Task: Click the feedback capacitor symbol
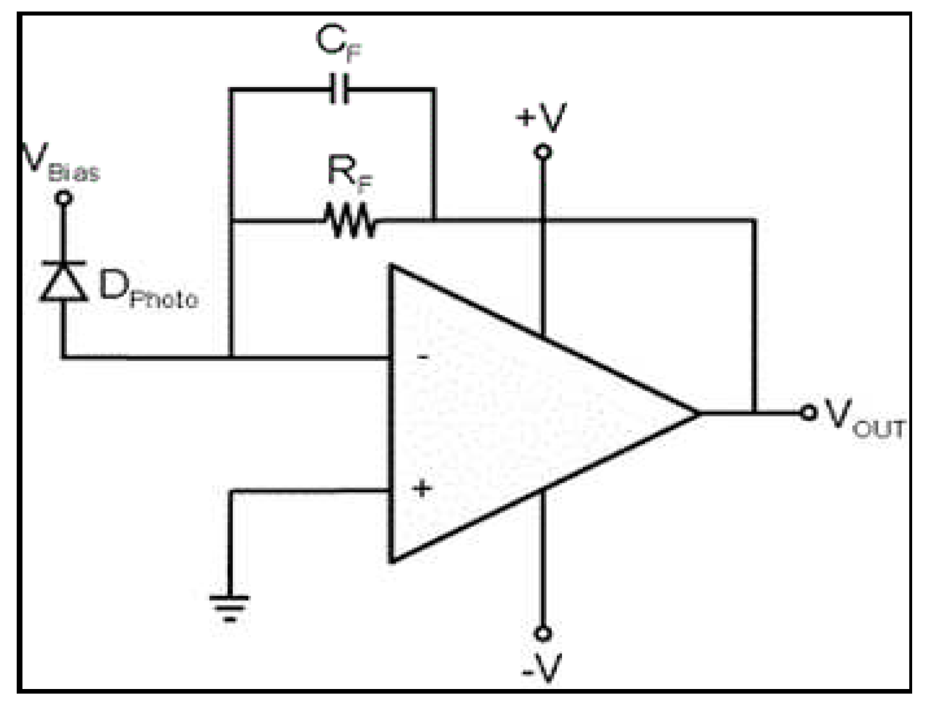tap(339, 89)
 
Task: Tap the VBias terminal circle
tap(64, 198)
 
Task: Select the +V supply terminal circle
tap(542, 152)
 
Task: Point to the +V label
tap(541, 118)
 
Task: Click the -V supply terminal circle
tap(542, 634)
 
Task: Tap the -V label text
tap(541, 668)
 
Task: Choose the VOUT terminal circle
tap(808, 412)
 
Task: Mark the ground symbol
tap(229, 607)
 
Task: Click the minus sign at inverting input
tap(423, 357)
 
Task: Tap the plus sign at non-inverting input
tap(422, 489)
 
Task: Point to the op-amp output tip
tap(698, 413)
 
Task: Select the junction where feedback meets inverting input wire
tap(231, 357)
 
